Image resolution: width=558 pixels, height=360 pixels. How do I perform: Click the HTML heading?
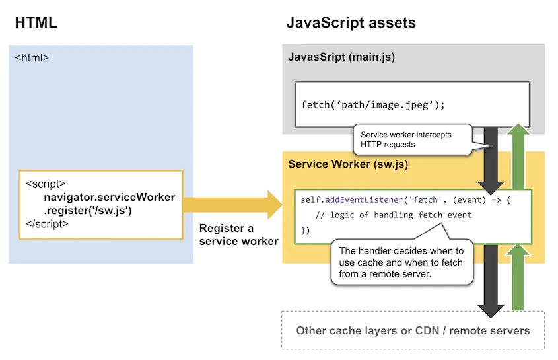(36, 22)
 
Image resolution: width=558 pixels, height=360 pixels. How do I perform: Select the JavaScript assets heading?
(351, 22)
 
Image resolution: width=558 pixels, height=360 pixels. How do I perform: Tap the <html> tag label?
(32, 58)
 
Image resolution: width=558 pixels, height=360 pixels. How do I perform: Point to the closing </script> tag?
(47, 224)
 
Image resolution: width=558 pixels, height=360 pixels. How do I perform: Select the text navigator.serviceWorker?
(110, 198)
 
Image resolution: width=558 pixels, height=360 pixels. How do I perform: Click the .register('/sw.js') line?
(88, 211)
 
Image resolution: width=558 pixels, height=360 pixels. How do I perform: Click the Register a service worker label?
(238, 234)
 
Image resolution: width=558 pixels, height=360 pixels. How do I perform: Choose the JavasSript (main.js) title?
(341, 57)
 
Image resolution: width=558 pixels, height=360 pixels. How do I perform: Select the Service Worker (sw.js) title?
(344, 164)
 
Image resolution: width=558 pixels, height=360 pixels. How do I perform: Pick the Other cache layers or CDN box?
(413, 330)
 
